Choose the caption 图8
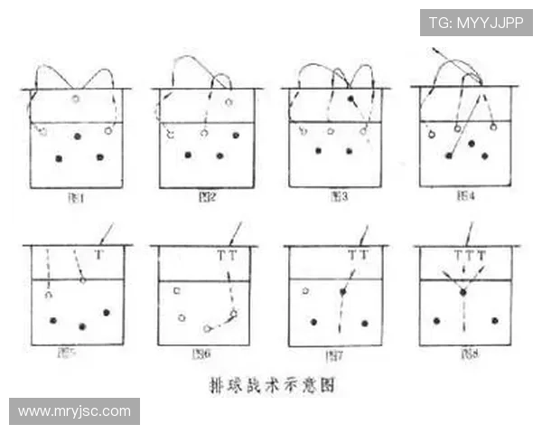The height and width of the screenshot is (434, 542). click(465, 353)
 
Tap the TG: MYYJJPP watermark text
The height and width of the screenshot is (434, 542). click(476, 22)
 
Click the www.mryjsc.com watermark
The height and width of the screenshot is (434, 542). click(75, 411)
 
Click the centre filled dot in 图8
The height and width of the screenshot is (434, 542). click(463, 292)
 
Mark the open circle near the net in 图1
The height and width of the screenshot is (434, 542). click(76, 99)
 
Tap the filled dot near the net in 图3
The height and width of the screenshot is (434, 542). click(350, 98)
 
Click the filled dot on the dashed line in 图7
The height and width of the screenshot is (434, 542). click(342, 292)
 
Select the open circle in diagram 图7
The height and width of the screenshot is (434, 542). click(306, 291)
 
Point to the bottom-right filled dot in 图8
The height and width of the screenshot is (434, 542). click(494, 320)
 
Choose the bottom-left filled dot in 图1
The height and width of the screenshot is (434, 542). click(59, 158)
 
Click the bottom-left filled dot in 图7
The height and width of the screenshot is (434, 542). click(313, 321)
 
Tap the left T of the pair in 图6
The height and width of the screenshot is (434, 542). click(221, 257)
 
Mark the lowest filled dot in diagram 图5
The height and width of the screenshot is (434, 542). click(82, 325)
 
